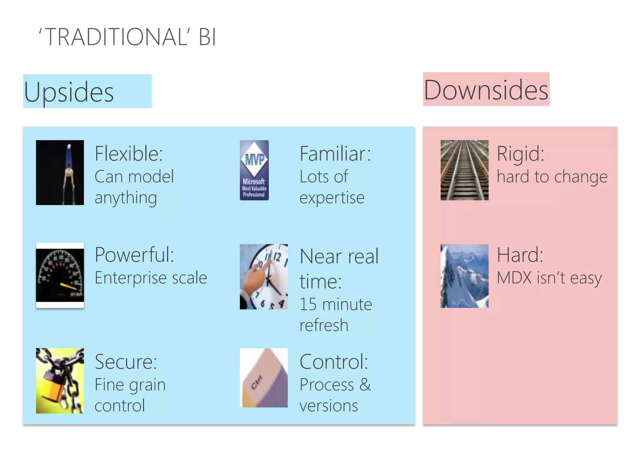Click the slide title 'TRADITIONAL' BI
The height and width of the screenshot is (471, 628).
127,37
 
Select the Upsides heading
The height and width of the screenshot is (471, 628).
69,92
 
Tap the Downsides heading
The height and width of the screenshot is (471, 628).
486,90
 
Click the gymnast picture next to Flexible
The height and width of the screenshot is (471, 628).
60,172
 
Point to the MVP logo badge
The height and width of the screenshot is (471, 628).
254,170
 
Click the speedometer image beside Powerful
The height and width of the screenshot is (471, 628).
60,275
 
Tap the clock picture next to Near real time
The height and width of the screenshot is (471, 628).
264,277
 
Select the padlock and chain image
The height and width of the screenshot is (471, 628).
60,381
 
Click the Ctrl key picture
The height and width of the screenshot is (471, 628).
264,378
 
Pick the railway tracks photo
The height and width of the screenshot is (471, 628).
464,170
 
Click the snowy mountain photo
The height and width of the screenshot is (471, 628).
464,276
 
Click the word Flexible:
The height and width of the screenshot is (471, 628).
129,154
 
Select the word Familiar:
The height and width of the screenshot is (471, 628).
335,154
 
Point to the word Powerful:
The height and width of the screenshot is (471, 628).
134,255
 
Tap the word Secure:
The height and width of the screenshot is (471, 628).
126,362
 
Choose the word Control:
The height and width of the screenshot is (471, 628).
334,362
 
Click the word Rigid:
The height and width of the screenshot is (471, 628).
520,154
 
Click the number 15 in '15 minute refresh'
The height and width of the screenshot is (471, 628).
308,304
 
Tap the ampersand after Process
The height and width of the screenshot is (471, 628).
365,385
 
